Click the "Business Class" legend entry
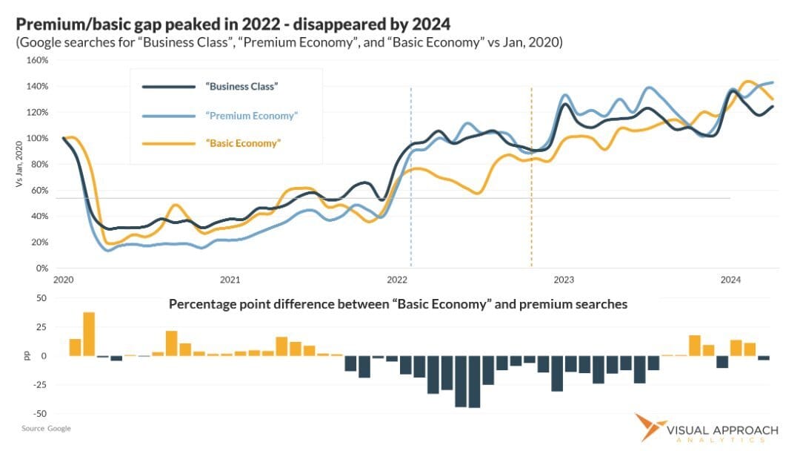pos(241,87)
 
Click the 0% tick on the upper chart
pos(43,268)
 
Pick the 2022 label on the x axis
pos(397,280)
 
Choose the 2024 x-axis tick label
pos(730,280)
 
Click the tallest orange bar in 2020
pos(89,334)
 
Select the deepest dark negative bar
pos(474,381)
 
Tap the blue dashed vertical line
pos(411,178)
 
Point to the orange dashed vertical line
pos(531,178)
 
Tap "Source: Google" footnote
pos(46,429)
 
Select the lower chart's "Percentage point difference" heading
pos(398,304)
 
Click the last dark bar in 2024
pos(763,358)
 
